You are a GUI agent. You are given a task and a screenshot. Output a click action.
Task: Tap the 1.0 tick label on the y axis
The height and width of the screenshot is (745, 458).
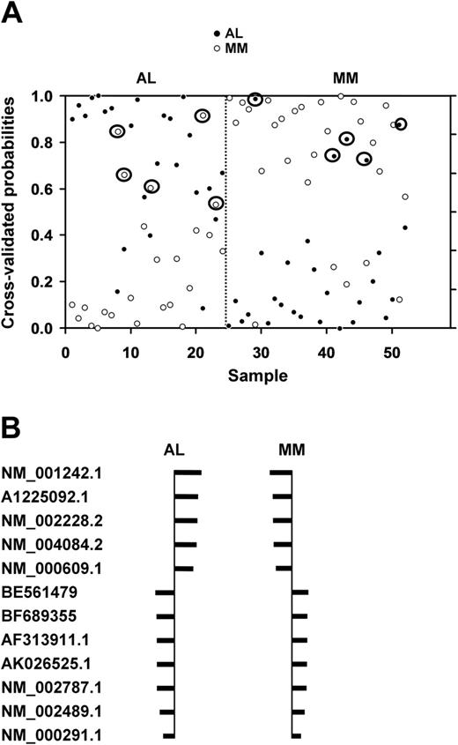point(45,95)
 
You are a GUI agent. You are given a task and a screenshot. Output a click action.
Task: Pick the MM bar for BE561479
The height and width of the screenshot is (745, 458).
point(300,592)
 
